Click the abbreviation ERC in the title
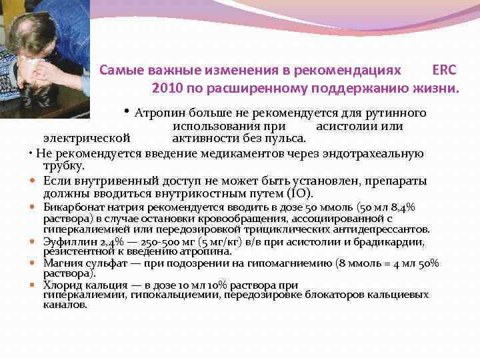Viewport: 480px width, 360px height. tap(444, 70)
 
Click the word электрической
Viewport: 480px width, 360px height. tap(86, 139)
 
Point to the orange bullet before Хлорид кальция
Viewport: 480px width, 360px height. tap(33, 285)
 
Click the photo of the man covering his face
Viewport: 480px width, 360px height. tap(43, 57)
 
